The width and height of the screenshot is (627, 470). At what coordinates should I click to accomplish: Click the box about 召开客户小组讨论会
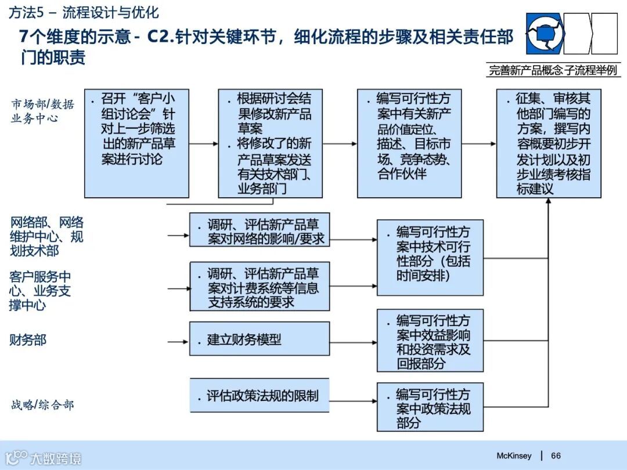point(136,143)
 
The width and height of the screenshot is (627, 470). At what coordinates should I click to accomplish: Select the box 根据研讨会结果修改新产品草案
point(270,143)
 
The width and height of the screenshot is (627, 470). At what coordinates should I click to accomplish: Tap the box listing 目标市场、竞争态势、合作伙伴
point(409,143)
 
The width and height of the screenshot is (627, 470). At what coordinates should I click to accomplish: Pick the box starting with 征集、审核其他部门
point(549,143)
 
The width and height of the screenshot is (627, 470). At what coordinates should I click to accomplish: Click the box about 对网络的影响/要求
point(260,230)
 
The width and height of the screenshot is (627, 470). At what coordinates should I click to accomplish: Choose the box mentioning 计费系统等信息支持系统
point(260,286)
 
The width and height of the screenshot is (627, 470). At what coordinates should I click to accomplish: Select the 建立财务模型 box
point(260,339)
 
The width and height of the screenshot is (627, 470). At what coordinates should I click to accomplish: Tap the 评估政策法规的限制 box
point(260,396)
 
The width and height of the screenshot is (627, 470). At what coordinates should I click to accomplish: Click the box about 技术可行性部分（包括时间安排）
point(430,257)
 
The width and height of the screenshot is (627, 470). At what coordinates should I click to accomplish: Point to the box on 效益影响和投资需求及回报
point(430,341)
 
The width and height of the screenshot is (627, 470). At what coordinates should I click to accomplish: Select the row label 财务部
point(27,340)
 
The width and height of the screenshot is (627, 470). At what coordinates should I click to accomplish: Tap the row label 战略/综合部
point(42,405)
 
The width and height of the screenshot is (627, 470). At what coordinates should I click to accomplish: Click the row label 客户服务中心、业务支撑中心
point(39,290)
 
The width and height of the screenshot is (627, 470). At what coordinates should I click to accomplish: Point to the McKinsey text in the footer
point(514,456)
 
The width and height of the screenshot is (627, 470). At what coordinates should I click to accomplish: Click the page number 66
point(556,456)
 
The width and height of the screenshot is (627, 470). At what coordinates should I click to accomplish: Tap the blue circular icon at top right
point(545,34)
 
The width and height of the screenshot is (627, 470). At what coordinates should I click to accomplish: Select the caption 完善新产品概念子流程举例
point(553,71)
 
